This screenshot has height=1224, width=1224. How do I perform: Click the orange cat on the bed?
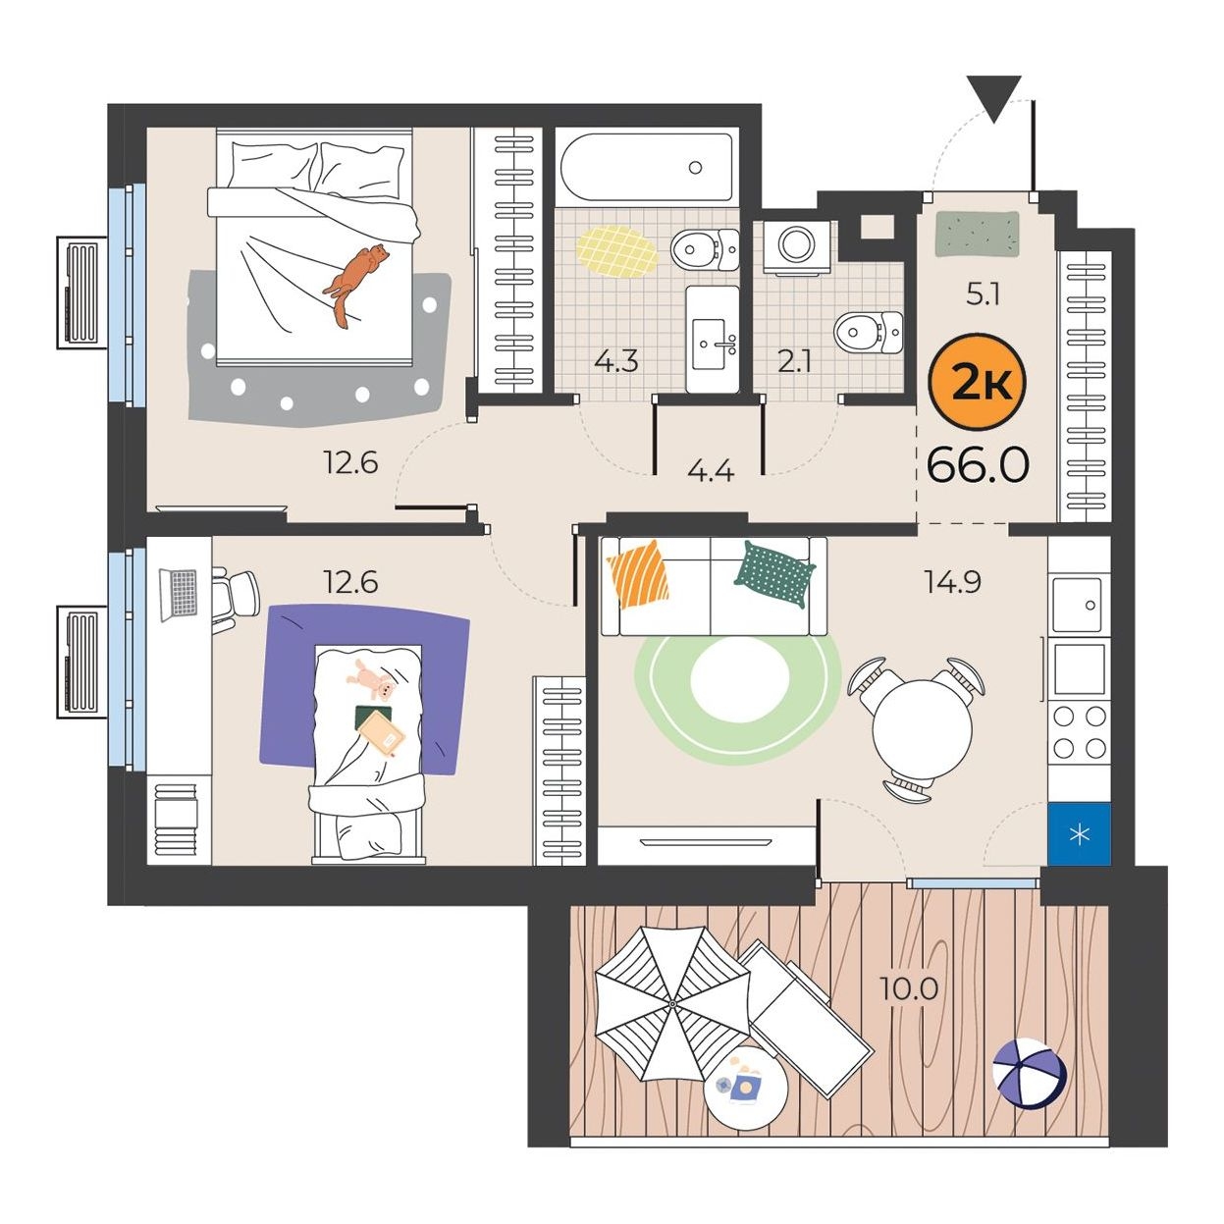[355, 283]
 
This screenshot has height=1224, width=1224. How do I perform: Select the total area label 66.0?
[979, 465]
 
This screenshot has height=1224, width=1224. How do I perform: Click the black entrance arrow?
[994, 98]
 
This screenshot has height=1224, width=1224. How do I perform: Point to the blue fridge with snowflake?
[1079, 834]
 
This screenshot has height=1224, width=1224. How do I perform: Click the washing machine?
[796, 247]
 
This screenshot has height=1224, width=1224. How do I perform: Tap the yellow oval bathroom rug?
[616, 251]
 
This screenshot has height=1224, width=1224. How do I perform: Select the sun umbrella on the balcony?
[671, 1003]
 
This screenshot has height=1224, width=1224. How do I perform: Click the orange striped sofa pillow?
[639, 574]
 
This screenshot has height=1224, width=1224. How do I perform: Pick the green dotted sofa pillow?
[774, 573]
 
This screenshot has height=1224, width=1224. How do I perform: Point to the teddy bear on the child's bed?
[372, 680]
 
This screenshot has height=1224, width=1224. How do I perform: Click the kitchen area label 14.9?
[952, 581]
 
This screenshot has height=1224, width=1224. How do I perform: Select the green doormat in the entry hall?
[978, 235]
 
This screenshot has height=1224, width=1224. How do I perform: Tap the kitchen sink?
[1078, 605]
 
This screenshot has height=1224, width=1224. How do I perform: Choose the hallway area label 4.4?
[711, 471]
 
